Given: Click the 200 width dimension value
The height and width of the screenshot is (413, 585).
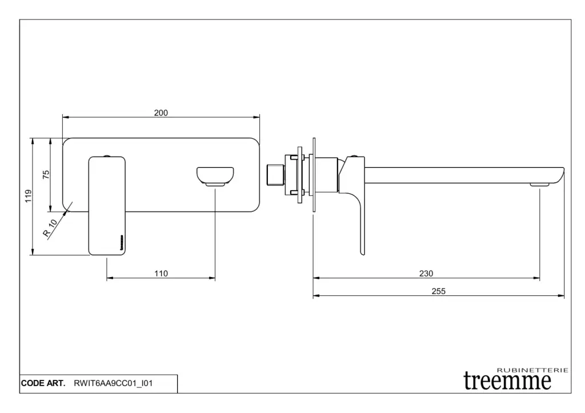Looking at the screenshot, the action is pyautogui.click(x=161, y=113).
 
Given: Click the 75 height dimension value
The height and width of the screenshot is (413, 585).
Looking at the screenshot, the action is pyautogui.click(x=46, y=174).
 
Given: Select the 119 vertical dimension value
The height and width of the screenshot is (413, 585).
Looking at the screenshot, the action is pyautogui.click(x=29, y=196).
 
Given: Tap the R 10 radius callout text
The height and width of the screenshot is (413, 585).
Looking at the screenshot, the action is pyautogui.click(x=50, y=228).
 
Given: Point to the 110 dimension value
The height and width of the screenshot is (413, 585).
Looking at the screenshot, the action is pyautogui.click(x=161, y=274).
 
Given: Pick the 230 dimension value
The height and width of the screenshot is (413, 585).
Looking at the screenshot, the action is pyautogui.click(x=426, y=274).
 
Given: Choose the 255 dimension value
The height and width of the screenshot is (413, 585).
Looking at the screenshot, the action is pyautogui.click(x=438, y=291).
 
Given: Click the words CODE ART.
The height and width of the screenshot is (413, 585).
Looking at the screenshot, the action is pyautogui.click(x=43, y=383).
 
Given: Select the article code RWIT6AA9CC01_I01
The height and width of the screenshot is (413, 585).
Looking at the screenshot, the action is pyautogui.click(x=113, y=383).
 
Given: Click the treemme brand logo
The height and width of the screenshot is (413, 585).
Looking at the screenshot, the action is pyautogui.click(x=507, y=381).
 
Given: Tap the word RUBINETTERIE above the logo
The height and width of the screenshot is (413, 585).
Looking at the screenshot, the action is pyautogui.click(x=532, y=370).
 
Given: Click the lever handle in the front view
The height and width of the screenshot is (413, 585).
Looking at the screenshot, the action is pyautogui.click(x=107, y=206).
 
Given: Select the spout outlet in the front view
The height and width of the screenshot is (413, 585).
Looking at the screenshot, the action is pyautogui.click(x=215, y=177).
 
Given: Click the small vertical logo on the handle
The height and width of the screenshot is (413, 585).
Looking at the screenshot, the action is pyautogui.click(x=121, y=242).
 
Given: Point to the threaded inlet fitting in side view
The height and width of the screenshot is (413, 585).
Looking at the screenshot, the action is pyautogui.click(x=276, y=175).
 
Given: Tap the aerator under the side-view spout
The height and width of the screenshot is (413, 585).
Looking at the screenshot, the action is pyautogui.click(x=539, y=185).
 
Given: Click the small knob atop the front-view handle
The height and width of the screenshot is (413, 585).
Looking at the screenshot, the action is pyautogui.click(x=107, y=155).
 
